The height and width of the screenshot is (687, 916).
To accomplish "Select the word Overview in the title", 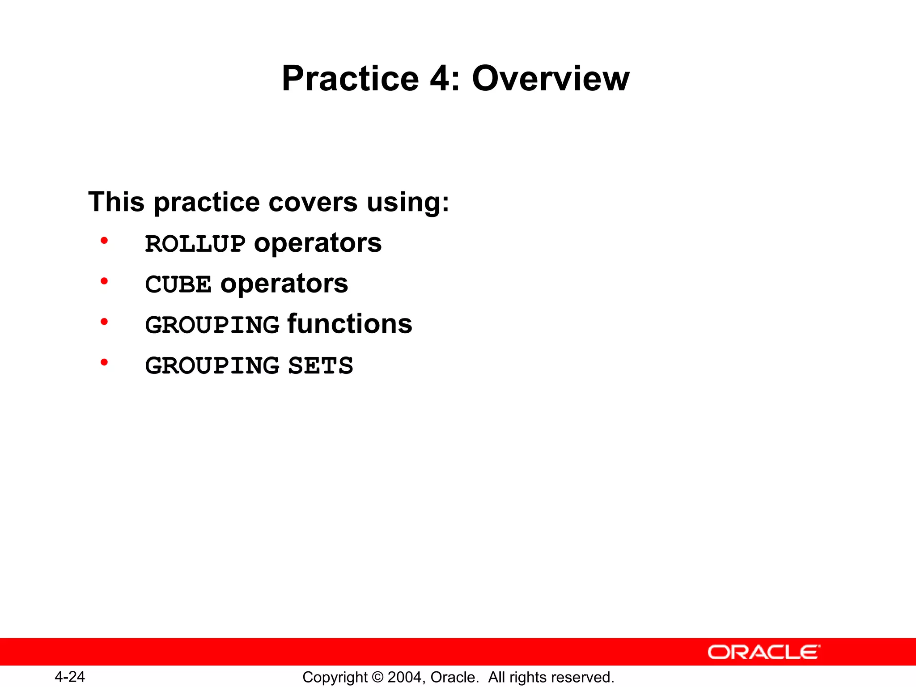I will click(551, 79).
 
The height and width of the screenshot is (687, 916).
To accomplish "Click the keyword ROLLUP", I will click(195, 244).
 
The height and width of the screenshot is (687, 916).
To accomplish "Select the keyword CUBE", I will click(178, 284).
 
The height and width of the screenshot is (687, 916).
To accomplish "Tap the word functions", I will click(350, 324).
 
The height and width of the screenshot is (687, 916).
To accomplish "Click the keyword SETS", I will click(320, 366).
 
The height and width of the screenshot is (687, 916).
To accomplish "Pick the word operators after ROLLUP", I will click(318, 244).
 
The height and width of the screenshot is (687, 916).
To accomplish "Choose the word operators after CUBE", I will click(284, 284).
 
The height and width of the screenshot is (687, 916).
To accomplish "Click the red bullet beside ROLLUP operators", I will click(104, 241).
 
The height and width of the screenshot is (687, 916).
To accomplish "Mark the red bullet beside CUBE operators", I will click(104, 281).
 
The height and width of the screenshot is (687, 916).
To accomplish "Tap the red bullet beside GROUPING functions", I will click(104, 322).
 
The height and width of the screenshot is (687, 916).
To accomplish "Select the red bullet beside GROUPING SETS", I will click(104, 362).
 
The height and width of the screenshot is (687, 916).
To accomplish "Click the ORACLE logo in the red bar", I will click(763, 652).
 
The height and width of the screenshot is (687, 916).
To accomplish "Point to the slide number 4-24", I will click(70, 677).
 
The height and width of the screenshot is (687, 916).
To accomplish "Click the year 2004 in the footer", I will click(405, 677).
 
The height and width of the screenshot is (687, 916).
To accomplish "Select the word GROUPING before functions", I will click(212, 325).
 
